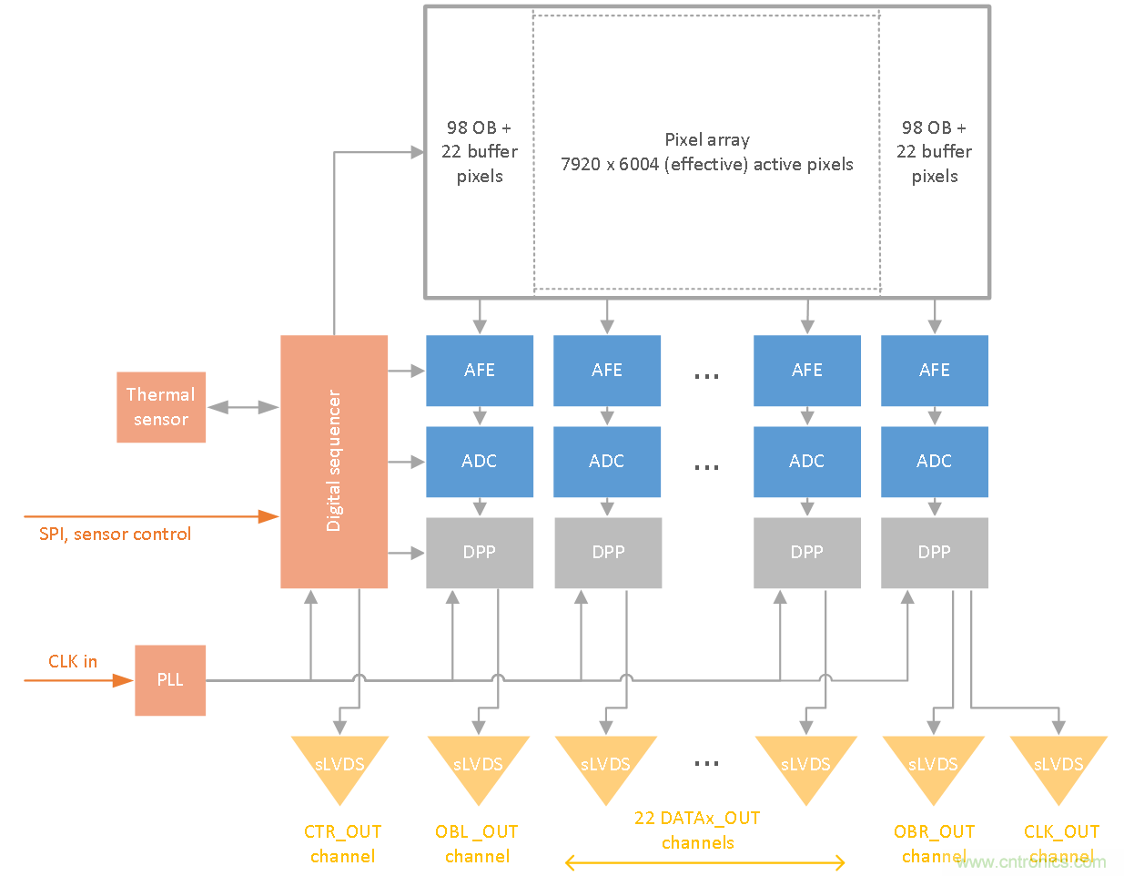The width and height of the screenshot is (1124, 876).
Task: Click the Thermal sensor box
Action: coord(161,407)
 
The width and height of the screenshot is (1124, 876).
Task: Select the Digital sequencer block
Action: coord(334,461)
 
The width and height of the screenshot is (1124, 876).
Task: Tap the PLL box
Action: coord(170,680)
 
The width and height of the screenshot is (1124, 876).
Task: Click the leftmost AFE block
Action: coord(480,371)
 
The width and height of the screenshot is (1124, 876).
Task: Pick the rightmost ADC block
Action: coord(935,462)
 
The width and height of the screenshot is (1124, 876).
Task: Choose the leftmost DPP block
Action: coord(480,553)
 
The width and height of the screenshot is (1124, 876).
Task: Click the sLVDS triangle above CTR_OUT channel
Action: coord(339,766)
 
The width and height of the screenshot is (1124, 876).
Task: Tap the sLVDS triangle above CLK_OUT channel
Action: coord(1058,766)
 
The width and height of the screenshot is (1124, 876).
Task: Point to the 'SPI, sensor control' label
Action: coord(115,535)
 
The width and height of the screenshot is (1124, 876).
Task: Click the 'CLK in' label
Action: coord(73,662)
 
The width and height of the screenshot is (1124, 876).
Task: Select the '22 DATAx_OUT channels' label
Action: coord(697,830)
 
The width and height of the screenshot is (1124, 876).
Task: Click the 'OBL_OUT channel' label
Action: coord(477,844)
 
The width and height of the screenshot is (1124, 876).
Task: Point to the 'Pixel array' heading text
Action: coord(707,140)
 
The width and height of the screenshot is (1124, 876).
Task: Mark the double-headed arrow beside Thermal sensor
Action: coord(243,407)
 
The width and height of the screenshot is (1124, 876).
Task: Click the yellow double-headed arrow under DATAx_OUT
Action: coord(705,862)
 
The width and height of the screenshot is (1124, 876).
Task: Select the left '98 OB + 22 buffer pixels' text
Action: coord(480,152)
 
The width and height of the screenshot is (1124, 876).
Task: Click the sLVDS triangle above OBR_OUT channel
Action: coord(933,766)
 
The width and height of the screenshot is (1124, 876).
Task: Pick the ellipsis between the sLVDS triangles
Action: coord(706,763)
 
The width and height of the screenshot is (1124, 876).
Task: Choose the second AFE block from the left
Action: coord(607,371)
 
